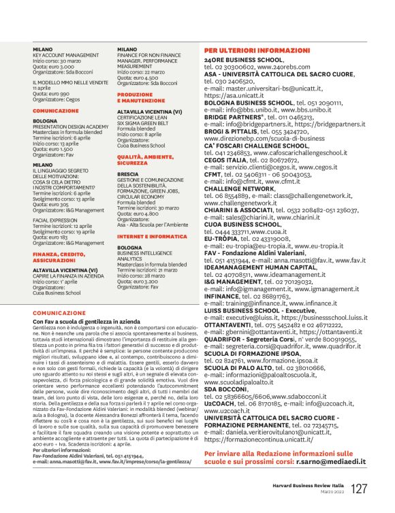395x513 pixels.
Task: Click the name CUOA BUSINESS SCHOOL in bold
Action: pyautogui.click(x=242, y=223)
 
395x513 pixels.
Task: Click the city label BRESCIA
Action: pyautogui.click(x=128, y=173)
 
